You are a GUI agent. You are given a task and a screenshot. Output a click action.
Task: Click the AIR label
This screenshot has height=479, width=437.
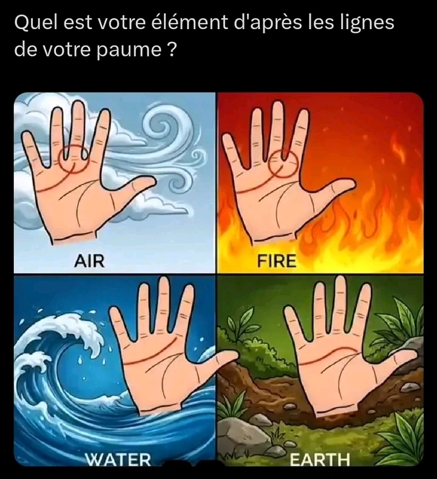89,261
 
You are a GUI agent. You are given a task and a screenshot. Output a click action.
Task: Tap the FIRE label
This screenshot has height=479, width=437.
277,262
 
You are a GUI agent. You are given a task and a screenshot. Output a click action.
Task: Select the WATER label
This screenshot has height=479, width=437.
118,460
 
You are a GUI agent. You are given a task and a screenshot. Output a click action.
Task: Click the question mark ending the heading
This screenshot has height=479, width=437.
171,50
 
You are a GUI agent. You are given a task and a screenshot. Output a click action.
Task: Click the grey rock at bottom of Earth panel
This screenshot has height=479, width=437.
240,434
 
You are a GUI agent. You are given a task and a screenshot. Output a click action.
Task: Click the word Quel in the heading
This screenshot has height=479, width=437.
34,23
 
